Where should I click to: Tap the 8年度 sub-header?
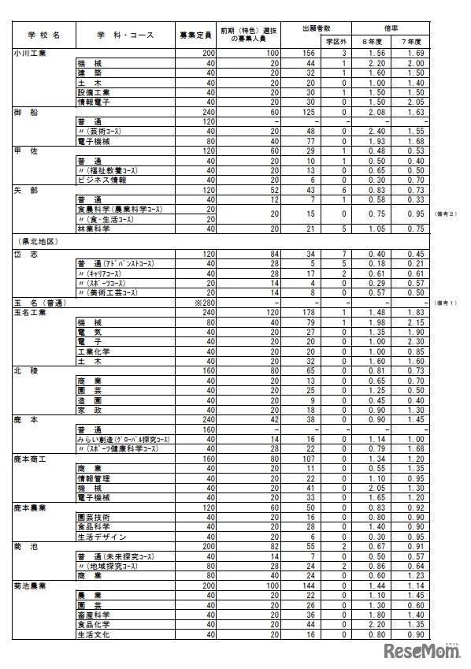pos(369,41)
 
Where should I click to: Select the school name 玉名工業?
pos(32,312)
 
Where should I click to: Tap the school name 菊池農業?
pos(32,586)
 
